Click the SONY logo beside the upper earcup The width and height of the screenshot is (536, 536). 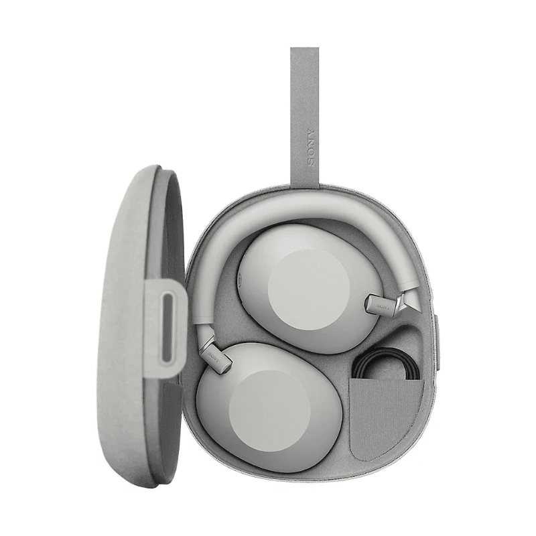[x=381, y=305]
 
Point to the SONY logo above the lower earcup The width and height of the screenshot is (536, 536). [x=214, y=350]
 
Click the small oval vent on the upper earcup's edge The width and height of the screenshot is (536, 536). [x=243, y=277]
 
